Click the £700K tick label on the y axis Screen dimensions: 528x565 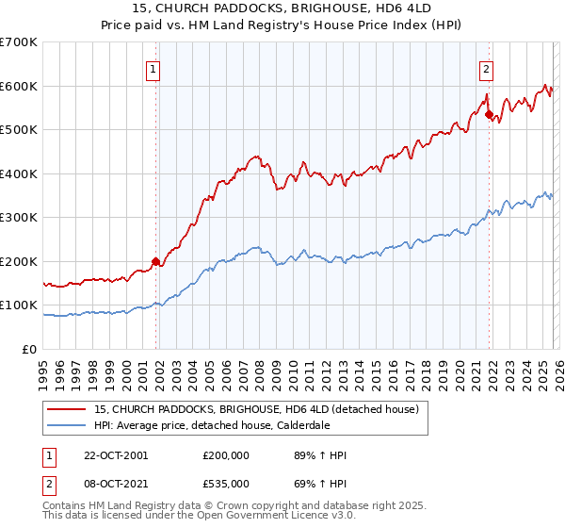tap(19, 42)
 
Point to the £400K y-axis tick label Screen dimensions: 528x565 tap(19, 173)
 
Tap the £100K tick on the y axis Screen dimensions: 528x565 tap(19, 305)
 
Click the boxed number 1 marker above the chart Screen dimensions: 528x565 tap(153, 68)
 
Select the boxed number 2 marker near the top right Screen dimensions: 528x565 tap(486, 68)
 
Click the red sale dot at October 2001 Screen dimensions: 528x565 tap(155, 261)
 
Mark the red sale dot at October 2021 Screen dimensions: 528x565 tap(488, 114)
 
